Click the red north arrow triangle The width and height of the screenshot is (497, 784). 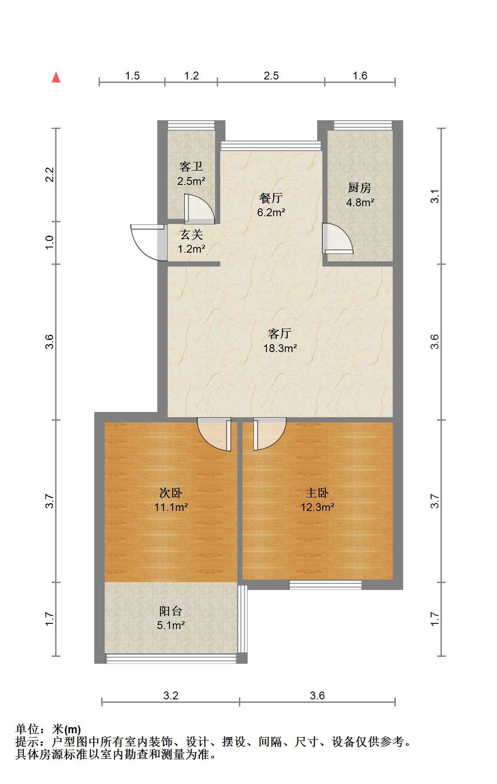pyautogui.click(x=56, y=77)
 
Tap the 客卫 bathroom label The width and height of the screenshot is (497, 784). pyautogui.click(x=191, y=167)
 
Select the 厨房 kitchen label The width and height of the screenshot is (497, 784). pyautogui.click(x=360, y=188)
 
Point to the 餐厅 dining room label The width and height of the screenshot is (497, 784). pyautogui.click(x=271, y=198)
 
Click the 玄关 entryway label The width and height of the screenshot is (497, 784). pyautogui.click(x=192, y=235)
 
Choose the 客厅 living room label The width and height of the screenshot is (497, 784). pyautogui.click(x=280, y=334)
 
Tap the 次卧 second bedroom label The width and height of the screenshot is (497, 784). pyautogui.click(x=171, y=493)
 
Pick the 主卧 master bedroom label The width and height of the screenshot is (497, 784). pyautogui.click(x=317, y=493)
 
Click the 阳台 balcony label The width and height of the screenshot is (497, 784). pyautogui.click(x=171, y=611)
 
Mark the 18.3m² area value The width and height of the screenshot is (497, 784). pyautogui.click(x=280, y=348)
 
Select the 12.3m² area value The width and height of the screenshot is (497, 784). pyautogui.click(x=318, y=507)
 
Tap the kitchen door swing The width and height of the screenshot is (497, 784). pyautogui.click(x=338, y=238)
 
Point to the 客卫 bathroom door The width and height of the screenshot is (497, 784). pyautogui.click(x=199, y=209)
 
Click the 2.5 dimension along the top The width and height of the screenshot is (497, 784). pyautogui.click(x=271, y=76)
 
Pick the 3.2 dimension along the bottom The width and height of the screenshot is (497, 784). pyautogui.click(x=171, y=695)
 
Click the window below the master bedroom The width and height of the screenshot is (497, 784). pyautogui.click(x=326, y=585)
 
